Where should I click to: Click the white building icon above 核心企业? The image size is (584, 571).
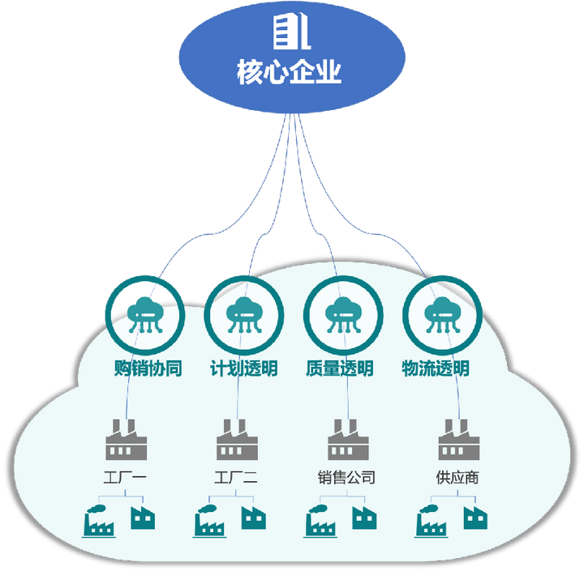click(292, 32)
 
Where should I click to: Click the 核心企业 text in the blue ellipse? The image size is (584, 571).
click(289, 71)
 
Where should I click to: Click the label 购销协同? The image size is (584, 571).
click(148, 369)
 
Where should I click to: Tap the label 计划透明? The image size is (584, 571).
click(244, 369)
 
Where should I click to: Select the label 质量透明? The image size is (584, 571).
click(340, 369)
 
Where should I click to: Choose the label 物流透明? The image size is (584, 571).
click(436, 369)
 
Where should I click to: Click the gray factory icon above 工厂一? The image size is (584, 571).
click(127, 440)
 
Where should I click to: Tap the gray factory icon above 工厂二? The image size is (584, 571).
click(237, 440)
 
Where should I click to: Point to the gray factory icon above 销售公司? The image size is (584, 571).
click(348, 440)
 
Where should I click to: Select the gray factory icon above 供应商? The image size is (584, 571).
click(459, 440)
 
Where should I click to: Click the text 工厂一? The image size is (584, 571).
click(125, 477)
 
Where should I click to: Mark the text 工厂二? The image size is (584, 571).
click(236, 477)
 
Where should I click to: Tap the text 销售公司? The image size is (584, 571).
click(347, 477)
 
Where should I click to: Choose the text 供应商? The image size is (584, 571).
click(457, 477)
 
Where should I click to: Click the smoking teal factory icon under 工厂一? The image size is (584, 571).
click(99, 521)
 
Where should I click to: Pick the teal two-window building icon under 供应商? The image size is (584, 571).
click(475, 518)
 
